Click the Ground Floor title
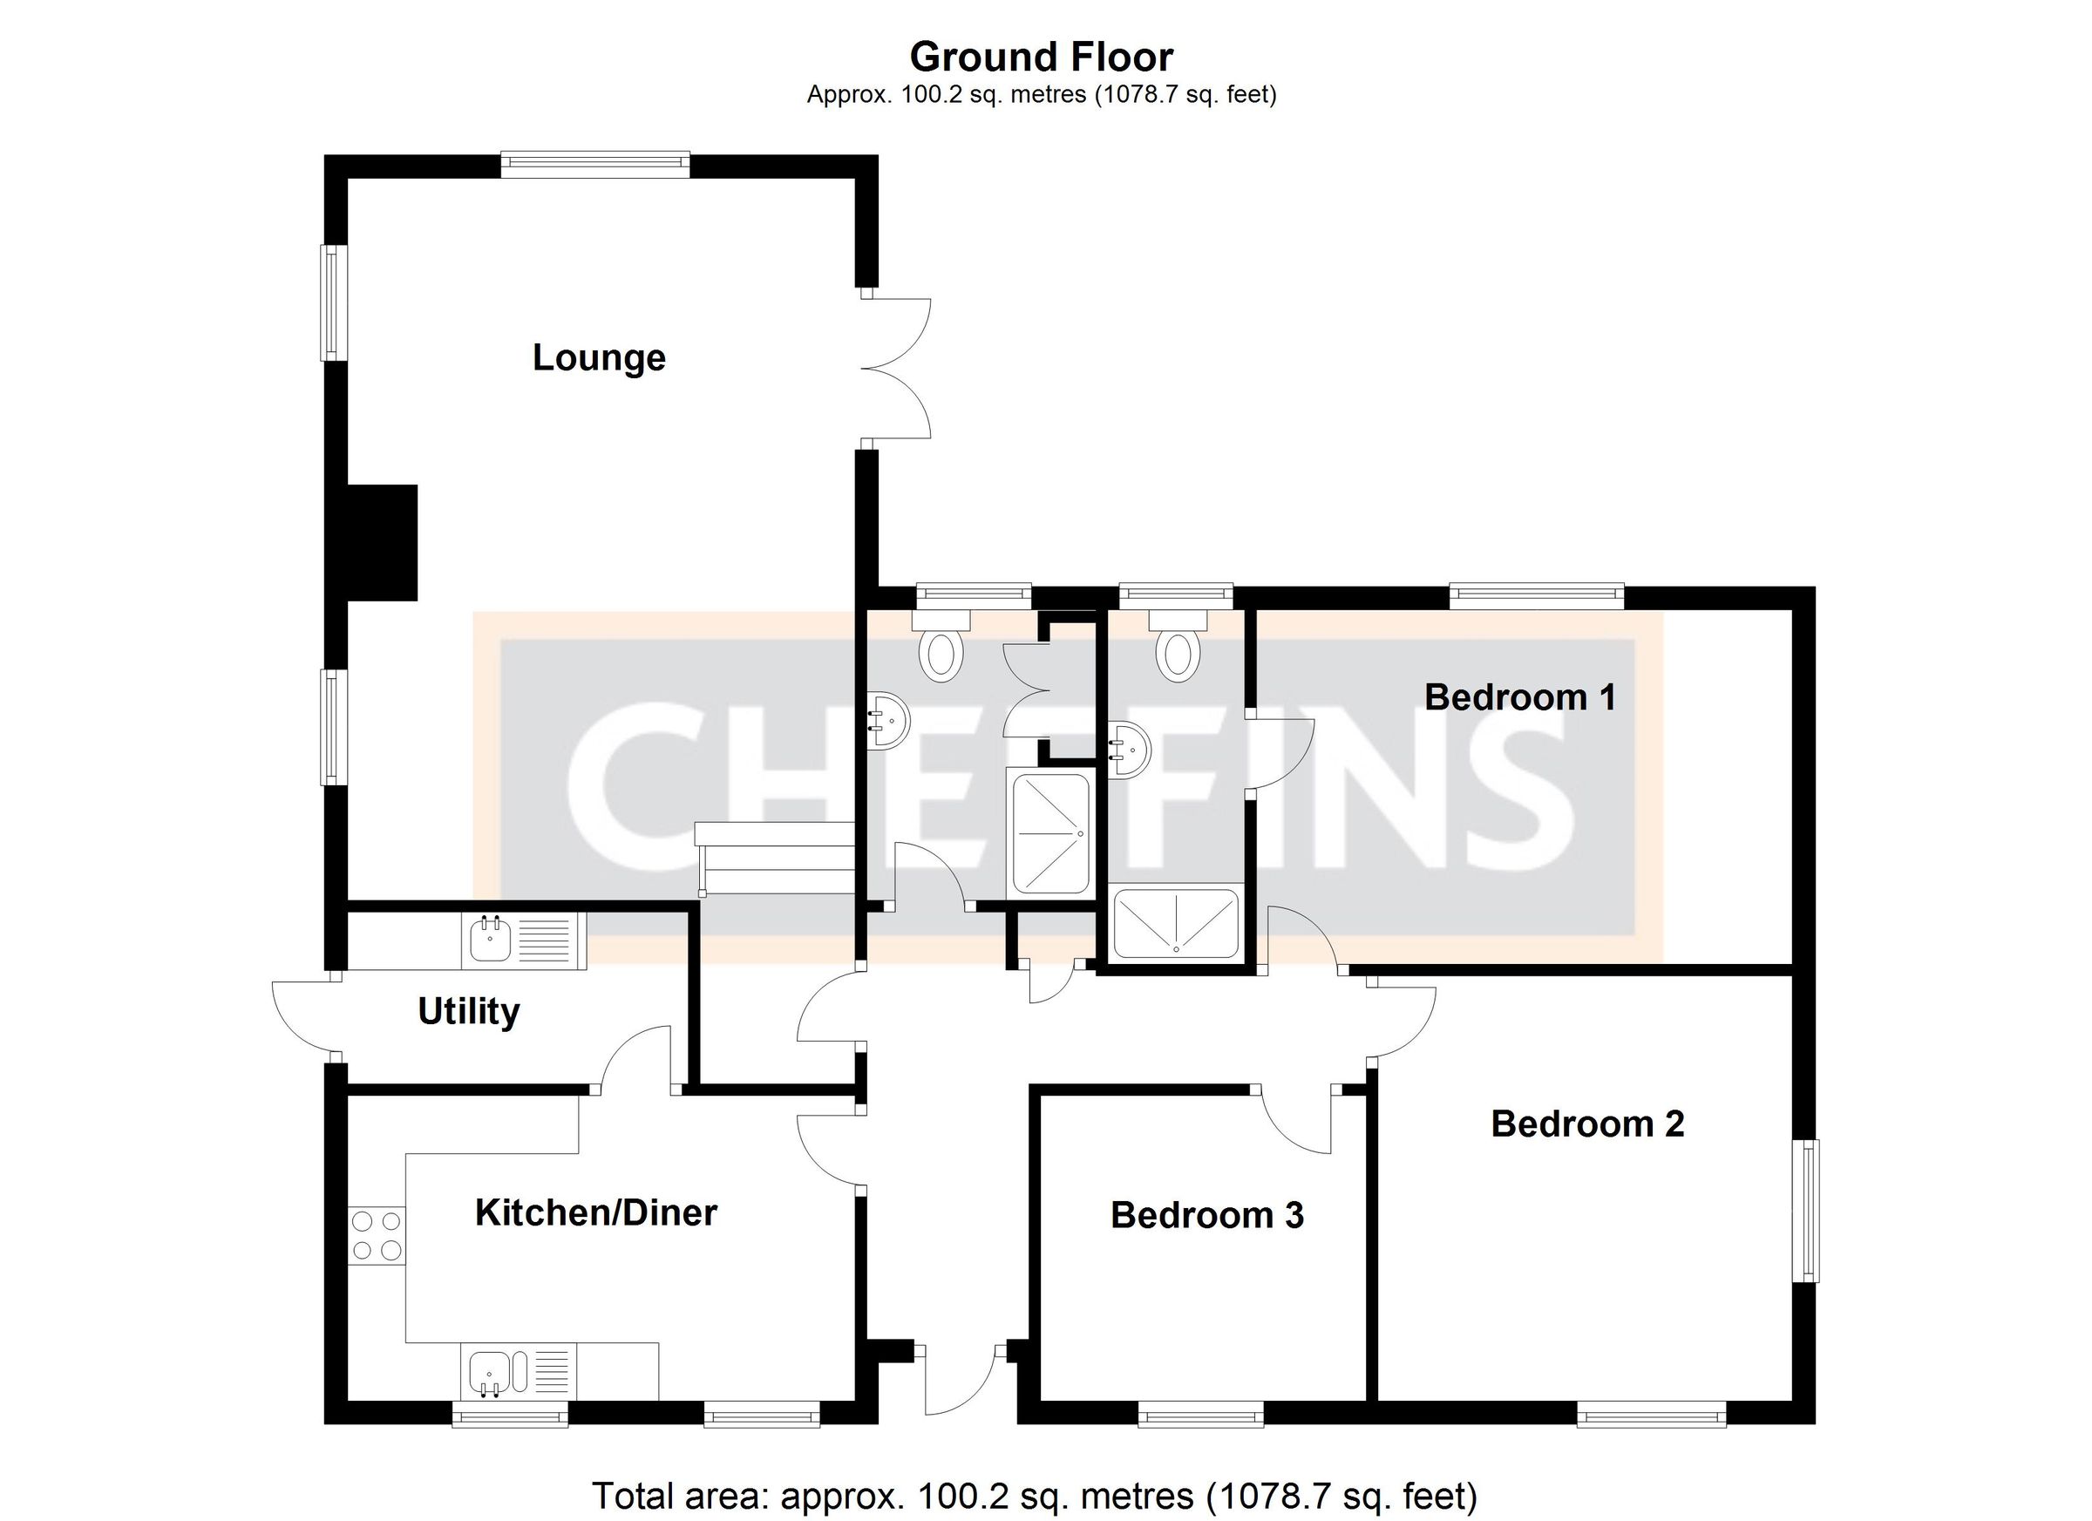coord(1041,58)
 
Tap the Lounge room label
coord(599,358)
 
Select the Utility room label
coord(469,1012)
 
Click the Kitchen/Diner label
coord(596,1213)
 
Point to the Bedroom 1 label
coord(1519,697)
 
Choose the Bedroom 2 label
coord(1586,1124)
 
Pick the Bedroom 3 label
coord(1206,1215)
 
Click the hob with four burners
coord(377,1236)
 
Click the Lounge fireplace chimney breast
coord(382,542)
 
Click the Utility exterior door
coord(304,1015)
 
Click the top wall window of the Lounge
coord(595,165)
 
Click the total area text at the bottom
coord(1033,1495)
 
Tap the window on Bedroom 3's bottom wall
coord(1200,1414)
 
